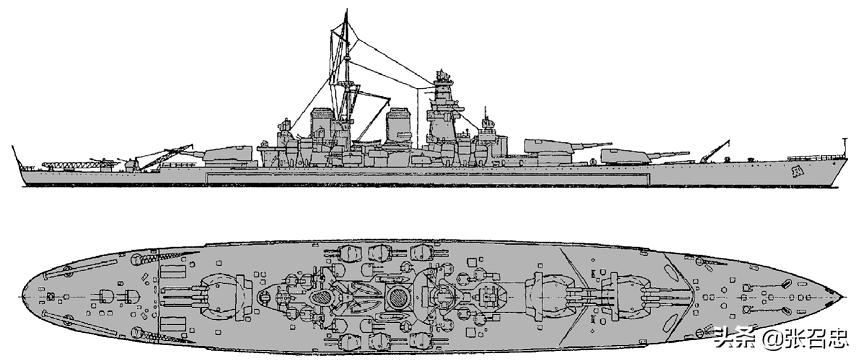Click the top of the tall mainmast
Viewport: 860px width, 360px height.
pyautogui.click(x=344, y=12)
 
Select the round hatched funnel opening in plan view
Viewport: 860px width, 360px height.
pyautogui.click(x=397, y=296)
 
